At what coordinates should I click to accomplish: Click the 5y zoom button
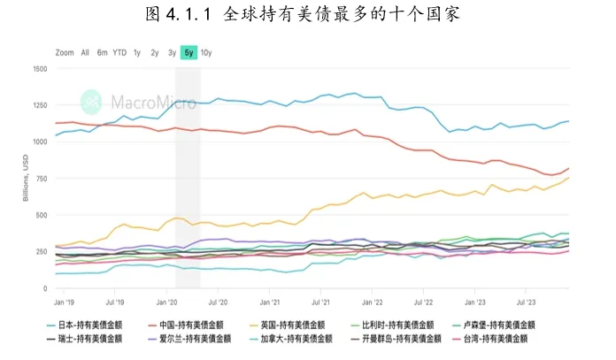[189, 52]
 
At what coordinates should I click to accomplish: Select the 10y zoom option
[206, 52]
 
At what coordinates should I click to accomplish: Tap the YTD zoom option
[119, 52]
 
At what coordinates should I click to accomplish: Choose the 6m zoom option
[102, 52]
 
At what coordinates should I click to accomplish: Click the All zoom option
[85, 52]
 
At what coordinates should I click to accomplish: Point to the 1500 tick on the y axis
[40, 68]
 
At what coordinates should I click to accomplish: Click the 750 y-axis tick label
[42, 179]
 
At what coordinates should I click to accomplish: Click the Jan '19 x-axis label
[65, 302]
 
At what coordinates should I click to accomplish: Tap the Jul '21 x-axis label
[320, 302]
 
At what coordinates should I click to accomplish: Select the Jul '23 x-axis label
[527, 302]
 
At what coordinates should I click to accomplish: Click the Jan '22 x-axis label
[373, 302]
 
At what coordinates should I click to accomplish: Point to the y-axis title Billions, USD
[27, 179]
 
